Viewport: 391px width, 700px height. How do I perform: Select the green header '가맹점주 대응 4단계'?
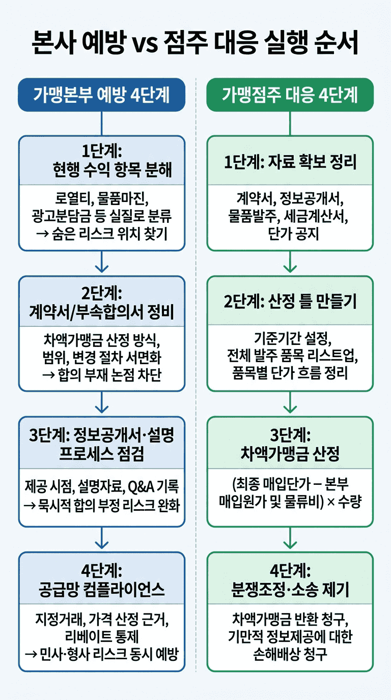pyautogui.click(x=290, y=95)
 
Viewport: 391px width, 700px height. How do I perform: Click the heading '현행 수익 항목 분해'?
pyautogui.click(x=112, y=169)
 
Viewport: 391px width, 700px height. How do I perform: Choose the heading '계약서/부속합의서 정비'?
pyautogui.click(x=102, y=311)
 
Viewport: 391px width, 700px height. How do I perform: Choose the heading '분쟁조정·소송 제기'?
pyautogui.click(x=290, y=590)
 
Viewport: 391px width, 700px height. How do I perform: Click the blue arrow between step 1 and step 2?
pyautogui.click(x=102, y=262)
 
